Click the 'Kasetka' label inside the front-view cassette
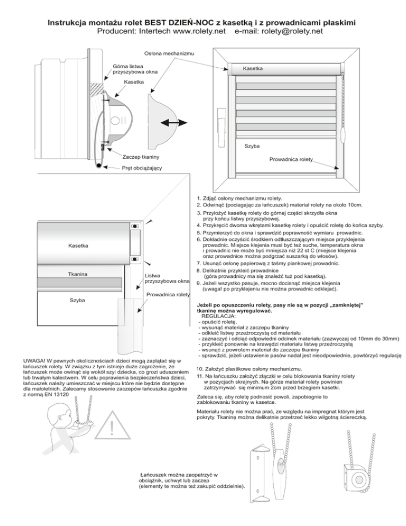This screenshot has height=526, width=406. [x=252, y=69]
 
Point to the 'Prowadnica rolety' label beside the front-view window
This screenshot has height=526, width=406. [x=291, y=159]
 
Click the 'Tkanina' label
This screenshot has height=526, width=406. [x=78, y=274]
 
